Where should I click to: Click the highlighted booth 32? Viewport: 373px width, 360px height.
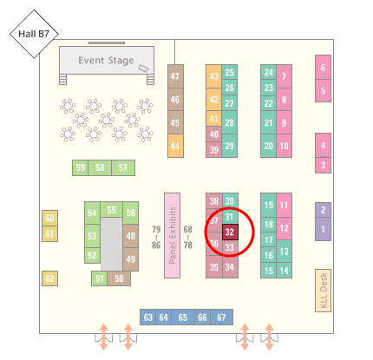230,232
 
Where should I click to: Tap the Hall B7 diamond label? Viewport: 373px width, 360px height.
34,34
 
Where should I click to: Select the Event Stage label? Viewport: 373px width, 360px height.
106,61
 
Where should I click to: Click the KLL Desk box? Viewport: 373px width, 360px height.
323,291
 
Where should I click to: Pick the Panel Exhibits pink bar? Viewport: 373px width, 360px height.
172,235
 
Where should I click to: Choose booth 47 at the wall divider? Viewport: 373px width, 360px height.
175,76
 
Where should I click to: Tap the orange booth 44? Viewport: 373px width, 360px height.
175,146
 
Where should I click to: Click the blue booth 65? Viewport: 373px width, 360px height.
183,317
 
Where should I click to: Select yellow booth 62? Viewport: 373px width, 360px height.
49,278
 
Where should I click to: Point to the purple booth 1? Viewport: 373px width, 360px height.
323,229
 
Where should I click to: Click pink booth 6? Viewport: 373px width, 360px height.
323,68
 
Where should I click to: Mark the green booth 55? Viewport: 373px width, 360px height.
112,210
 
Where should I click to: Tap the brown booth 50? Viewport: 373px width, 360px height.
119,278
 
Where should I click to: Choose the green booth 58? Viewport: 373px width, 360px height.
100,167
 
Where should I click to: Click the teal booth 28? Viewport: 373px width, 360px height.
230,122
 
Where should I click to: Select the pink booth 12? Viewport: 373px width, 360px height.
284,228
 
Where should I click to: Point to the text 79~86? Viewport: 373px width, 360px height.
156,237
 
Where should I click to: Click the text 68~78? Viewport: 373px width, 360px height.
188,237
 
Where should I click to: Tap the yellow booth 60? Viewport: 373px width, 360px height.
49,218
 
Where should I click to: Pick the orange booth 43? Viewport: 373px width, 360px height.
214,76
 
